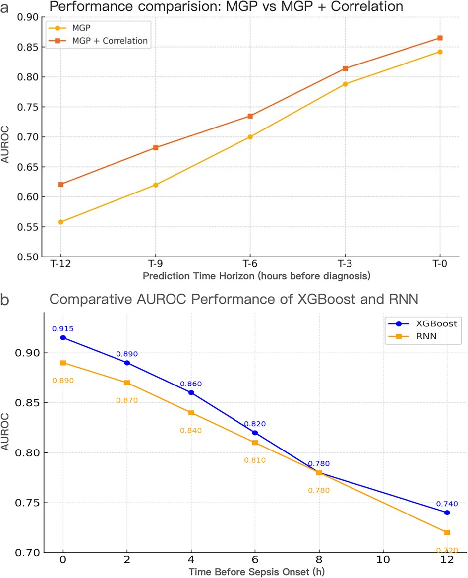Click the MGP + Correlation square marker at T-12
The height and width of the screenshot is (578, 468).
point(61,184)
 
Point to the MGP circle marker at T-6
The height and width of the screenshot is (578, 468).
point(250,137)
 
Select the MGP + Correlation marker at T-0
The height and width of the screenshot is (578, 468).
point(439,38)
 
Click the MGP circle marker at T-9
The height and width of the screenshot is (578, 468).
point(156,185)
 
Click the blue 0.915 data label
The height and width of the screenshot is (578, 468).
point(63,328)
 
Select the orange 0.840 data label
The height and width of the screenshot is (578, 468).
point(191,431)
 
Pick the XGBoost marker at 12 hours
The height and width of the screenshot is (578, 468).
point(447,513)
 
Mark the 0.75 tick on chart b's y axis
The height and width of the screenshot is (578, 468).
point(33,503)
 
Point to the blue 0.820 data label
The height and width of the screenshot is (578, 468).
point(255,424)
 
